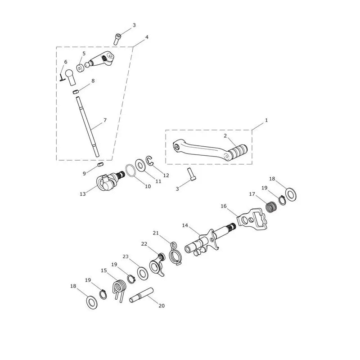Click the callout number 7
point(105,120)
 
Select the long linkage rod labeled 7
point(88,126)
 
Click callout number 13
point(83,194)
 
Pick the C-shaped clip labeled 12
point(150,160)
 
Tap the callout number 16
point(224,206)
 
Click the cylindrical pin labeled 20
point(141,295)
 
